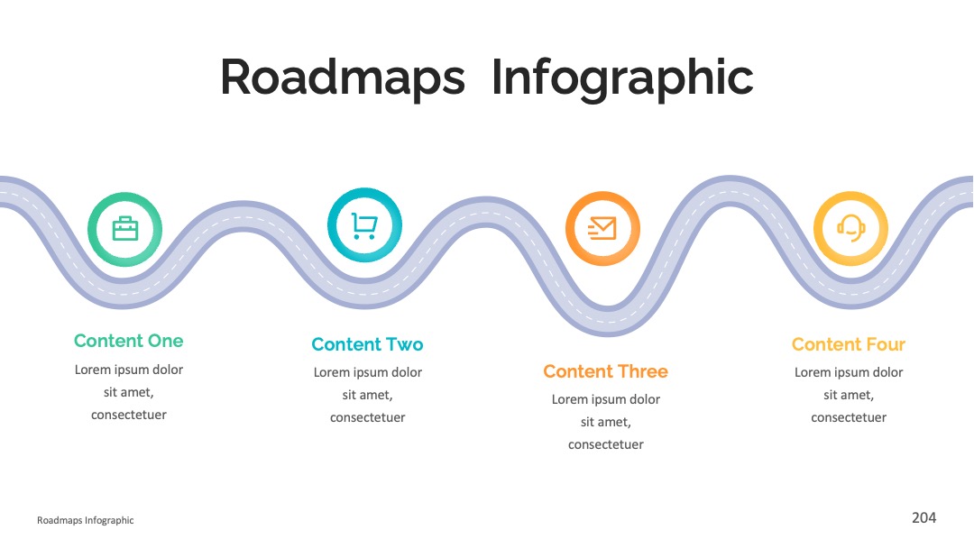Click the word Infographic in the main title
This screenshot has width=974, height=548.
[622, 78]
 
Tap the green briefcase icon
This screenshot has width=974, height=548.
[124, 229]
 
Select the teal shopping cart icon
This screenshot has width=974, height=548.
[364, 226]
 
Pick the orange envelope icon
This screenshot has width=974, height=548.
[602, 228]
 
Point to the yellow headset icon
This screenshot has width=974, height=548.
[851, 228]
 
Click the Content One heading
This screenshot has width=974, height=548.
[129, 341]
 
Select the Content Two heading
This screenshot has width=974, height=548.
[367, 343]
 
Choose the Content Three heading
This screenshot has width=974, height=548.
[606, 371]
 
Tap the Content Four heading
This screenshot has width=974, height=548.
[849, 343]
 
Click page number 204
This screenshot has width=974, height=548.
[923, 517]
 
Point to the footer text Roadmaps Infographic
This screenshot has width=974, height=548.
[85, 520]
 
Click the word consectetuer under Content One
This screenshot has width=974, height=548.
[129, 415]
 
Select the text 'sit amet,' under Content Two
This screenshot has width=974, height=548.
[367, 395]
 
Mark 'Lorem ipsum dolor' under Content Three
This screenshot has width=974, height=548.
[606, 399]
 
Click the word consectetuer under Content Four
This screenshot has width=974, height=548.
[849, 417]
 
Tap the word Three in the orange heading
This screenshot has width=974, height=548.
[643, 371]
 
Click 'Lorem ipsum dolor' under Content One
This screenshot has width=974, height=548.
[129, 370]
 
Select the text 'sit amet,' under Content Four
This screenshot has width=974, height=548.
[849, 395]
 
